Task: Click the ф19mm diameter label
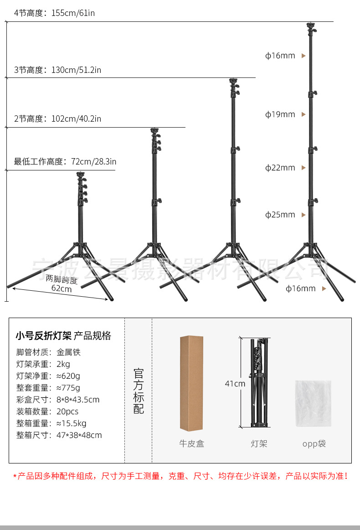coord(280,114)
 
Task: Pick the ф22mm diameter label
coord(280,168)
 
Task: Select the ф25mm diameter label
coord(280,215)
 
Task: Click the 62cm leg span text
coord(62,288)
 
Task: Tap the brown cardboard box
coord(191,383)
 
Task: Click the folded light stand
coord(259,383)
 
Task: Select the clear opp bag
coord(313,404)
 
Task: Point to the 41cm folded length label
coord(235,384)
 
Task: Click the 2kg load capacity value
coord(63,364)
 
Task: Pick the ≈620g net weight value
coord(68,376)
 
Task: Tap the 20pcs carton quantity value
coord(67,412)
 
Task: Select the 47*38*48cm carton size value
coord(79,435)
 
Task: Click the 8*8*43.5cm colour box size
coord(78,400)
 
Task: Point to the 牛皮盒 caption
coord(191,443)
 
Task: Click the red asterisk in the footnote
coord(15,477)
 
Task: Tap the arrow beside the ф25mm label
coord(303,215)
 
